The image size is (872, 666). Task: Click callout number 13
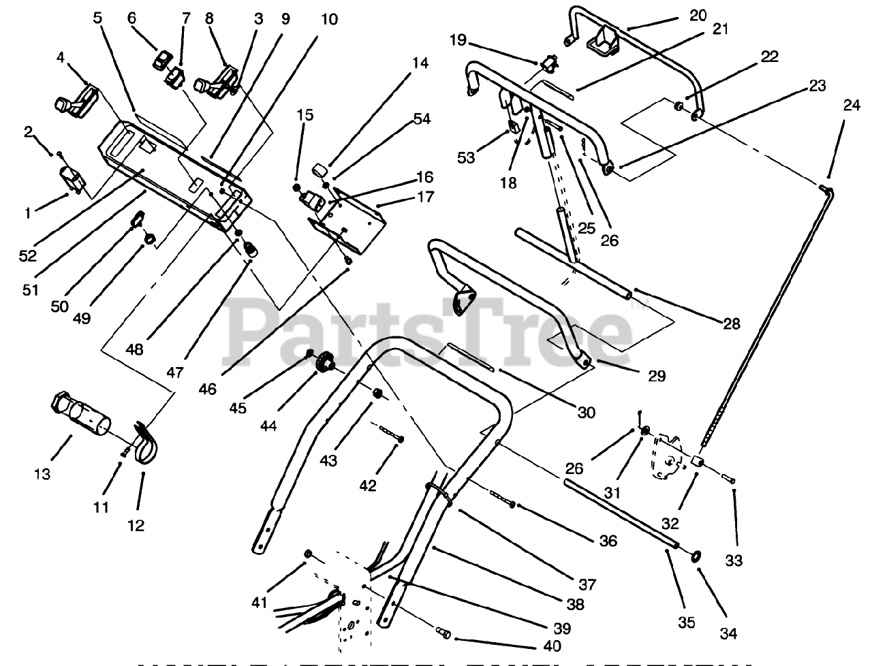tap(42, 474)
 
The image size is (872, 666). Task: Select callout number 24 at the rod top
tap(851, 106)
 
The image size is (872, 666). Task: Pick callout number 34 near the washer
tap(728, 633)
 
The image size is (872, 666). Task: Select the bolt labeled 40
tap(443, 635)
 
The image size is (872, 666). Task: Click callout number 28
tap(731, 324)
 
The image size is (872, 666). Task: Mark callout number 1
tap(27, 213)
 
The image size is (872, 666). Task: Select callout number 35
tap(686, 622)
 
